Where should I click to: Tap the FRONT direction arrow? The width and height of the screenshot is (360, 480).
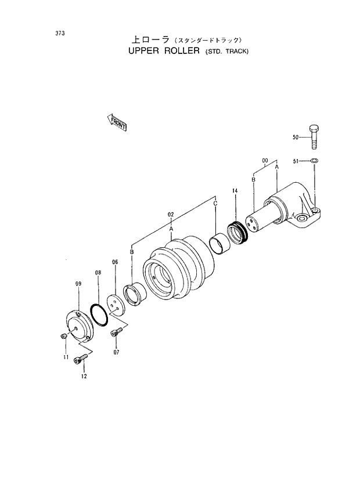click(117, 122)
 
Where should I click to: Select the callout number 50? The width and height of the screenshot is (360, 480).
click(296, 138)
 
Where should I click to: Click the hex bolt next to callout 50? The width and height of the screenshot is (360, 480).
click(314, 138)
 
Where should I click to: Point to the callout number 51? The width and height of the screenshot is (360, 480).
click(296, 161)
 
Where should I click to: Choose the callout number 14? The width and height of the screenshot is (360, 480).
click(235, 190)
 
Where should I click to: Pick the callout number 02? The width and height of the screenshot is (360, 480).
click(171, 214)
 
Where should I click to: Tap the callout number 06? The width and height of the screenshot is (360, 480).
click(115, 262)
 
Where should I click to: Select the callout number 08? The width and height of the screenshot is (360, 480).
click(98, 272)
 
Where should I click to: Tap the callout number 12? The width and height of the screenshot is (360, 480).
click(84, 376)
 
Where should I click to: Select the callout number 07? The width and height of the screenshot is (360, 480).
click(116, 352)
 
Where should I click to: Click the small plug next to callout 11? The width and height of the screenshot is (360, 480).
click(63, 337)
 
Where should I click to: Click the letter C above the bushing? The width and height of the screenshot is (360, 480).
click(215, 204)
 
